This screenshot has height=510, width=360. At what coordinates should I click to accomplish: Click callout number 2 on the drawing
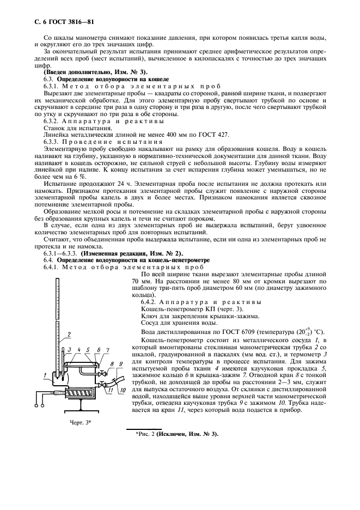(x=69, y=333)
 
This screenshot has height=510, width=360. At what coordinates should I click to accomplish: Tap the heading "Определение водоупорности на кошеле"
(x=102, y=80)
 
